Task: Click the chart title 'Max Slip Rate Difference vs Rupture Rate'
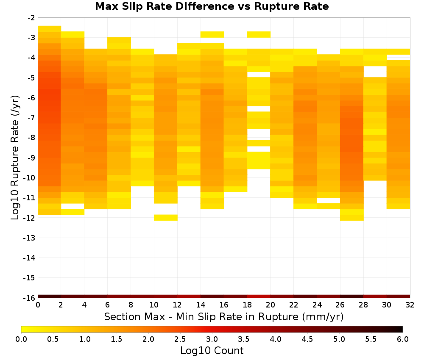tap(212, 6)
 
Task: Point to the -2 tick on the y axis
tap(31, 18)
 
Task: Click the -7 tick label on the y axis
tap(31, 118)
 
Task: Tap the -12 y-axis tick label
tap(30, 218)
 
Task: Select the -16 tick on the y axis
tap(30, 298)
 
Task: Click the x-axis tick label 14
tap(201, 305)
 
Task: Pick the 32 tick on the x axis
tap(410, 305)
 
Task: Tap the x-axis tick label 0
tap(38, 305)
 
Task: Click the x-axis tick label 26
tap(340, 305)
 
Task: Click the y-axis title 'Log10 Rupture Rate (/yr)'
tap(15, 158)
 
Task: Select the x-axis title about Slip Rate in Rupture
tap(224, 317)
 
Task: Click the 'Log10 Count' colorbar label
tap(212, 351)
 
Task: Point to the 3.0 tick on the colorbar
tap(212, 339)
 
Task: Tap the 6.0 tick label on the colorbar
tap(403, 339)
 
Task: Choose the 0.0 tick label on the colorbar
tap(21, 339)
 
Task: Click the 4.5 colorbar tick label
tap(307, 339)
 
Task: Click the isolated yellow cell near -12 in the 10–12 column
tap(165, 218)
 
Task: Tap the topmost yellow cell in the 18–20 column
tap(259, 35)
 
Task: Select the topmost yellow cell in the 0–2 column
tap(50, 29)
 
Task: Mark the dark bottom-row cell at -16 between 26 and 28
tap(351, 296)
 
